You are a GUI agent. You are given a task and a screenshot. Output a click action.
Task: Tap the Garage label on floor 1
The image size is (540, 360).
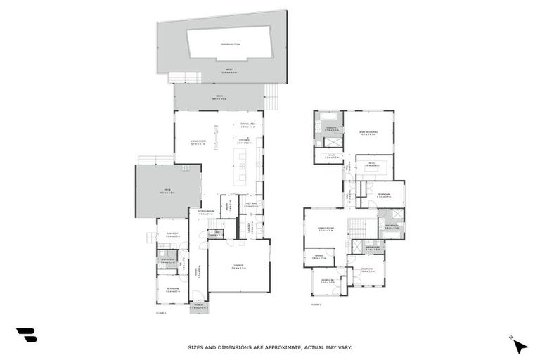tap(238, 266)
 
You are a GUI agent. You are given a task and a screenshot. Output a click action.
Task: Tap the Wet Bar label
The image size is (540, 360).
tap(250, 205)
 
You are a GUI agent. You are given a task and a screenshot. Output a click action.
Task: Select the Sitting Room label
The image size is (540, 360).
tap(205, 212)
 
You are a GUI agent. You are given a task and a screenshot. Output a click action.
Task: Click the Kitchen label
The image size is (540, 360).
tap(243, 141)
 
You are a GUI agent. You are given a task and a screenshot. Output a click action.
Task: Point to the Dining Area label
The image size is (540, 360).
tap(247, 125)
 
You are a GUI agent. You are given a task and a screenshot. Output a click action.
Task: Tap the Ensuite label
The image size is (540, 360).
tap(332, 129)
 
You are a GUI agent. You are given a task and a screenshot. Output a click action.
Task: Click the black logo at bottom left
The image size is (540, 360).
tap(26, 335)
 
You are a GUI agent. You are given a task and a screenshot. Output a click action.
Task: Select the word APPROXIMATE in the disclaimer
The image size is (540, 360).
tap(282, 347)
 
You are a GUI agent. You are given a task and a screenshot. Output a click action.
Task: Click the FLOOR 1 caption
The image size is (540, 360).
tap(160, 312)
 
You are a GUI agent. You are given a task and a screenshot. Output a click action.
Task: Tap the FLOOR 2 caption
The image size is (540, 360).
tap(316, 304)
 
